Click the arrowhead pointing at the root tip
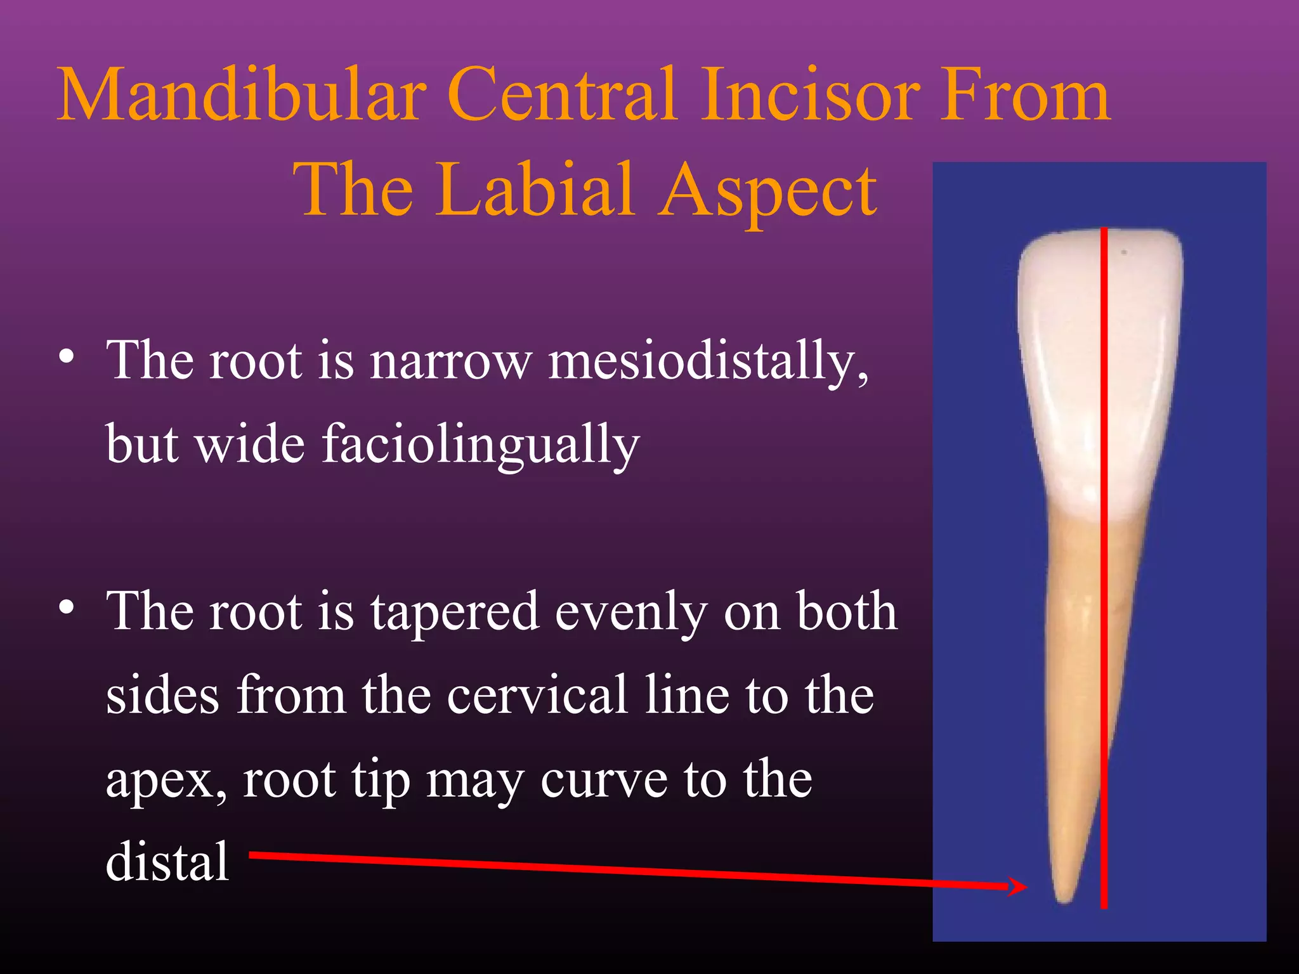1019,886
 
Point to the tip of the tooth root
1063,899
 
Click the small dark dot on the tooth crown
1124,252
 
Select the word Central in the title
561,95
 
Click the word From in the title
1024,95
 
